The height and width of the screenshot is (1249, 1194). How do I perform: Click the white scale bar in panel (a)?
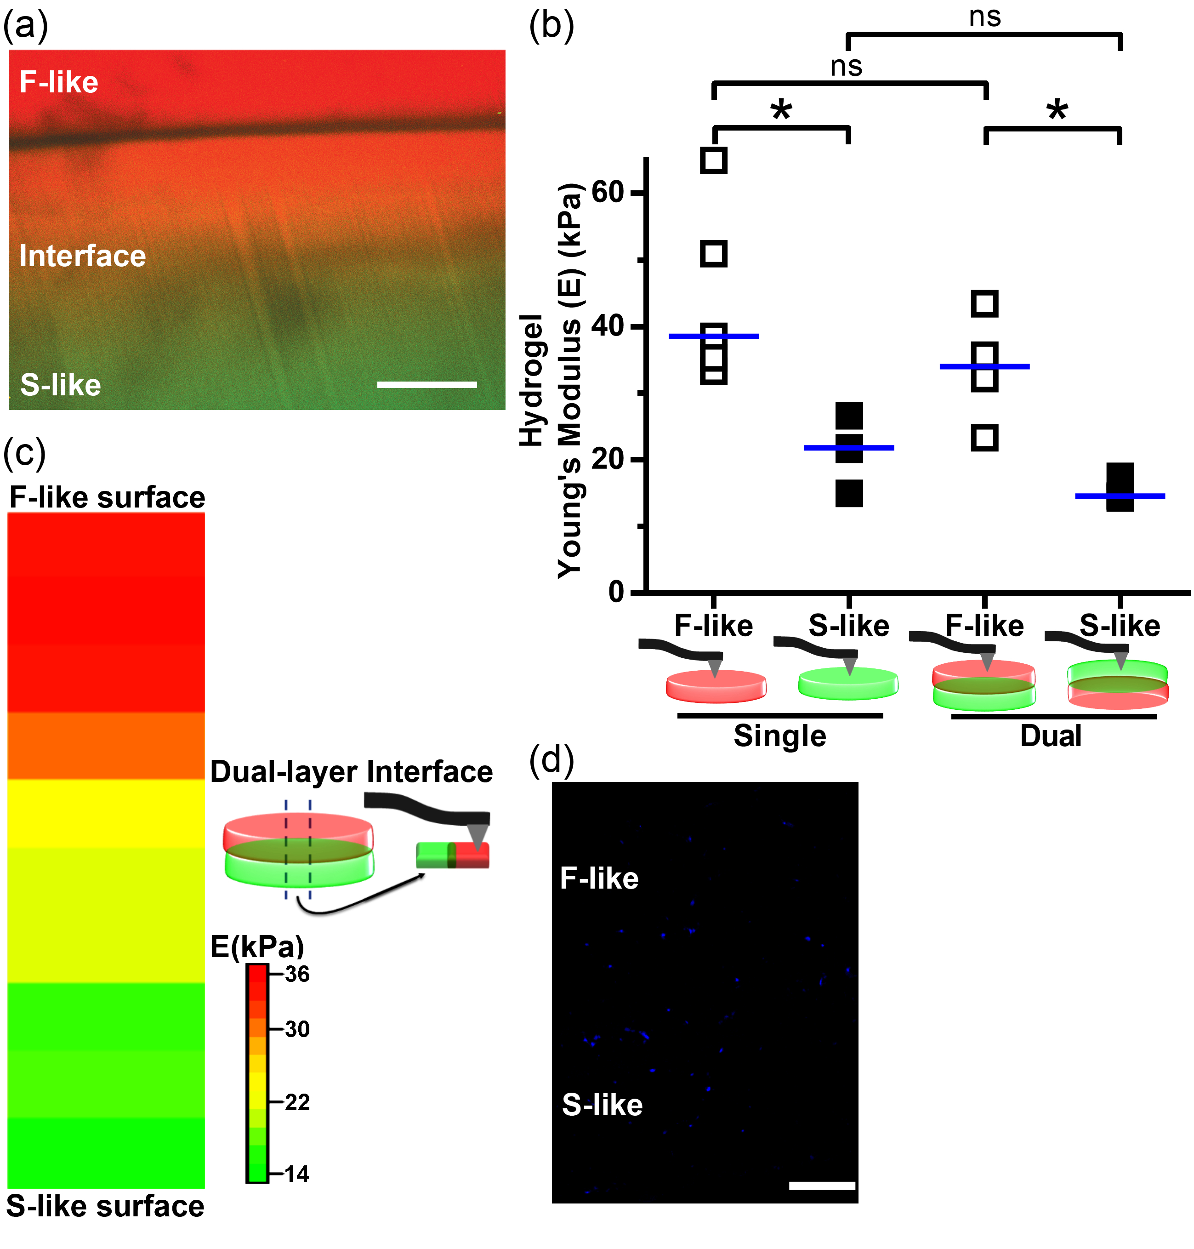tap(426, 384)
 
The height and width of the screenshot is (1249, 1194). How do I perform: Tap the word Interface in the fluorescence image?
tap(83, 256)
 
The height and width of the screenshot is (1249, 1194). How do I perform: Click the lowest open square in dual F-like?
tap(984, 438)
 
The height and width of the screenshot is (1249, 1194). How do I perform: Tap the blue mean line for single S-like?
tap(849, 448)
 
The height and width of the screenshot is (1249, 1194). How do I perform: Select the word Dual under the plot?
tap(1051, 736)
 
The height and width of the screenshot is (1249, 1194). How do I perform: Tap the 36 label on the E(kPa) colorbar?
tap(296, 974)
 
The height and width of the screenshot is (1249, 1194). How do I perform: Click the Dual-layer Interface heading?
tap(351, 771)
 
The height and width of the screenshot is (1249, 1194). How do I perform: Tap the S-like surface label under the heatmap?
tap(105, 1206)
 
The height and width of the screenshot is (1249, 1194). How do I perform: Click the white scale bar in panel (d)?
tap(822, 1186)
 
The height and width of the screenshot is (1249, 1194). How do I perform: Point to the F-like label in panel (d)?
tap(599, 878)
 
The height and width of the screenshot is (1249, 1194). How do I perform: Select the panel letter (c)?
tap(24, 452)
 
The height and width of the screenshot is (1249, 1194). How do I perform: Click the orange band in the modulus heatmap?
tap(106, 745)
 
